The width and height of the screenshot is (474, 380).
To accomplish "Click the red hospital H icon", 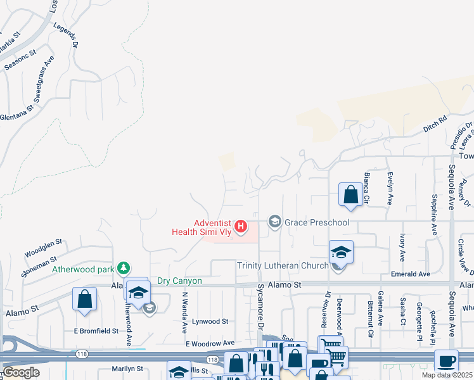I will (x=240, y=226).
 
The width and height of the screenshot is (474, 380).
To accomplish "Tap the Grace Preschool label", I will (x=317, y=222).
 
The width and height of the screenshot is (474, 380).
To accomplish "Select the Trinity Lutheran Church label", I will (x=283, y=265).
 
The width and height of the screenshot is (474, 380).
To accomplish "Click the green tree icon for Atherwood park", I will (x=125, y=269).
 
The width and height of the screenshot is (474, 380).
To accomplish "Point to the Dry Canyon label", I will (x=179, y=281).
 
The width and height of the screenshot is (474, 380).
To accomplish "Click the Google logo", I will (x=22, y=372).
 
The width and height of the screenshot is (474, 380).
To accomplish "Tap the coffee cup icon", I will (x=447, y=360).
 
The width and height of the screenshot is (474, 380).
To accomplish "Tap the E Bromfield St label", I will (x=96, y=331).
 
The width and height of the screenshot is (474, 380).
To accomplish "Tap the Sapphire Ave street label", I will (x=435, y=213).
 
